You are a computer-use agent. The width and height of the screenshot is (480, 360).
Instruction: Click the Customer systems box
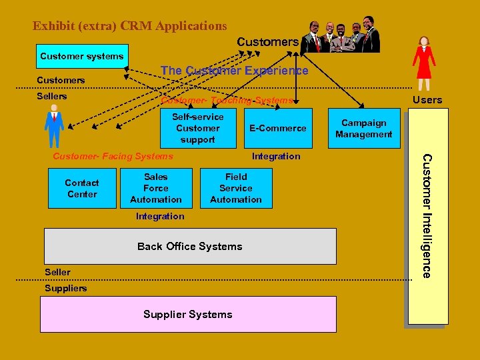pyautogui.click(x=81, y=56)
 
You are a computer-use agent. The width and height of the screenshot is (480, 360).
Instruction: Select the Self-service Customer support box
pyautogui.click(x=198, y=128)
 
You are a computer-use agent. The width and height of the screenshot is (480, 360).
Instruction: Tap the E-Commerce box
pyautogui.click(x=278, y=128)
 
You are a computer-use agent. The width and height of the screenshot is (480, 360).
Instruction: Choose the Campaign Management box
pyautogui.click(x=364, y=129)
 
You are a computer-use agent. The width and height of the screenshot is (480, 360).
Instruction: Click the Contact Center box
pyautogui.click(x=82, y=189)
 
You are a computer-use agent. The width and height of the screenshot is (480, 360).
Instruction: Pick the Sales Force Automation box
pyautogui.click(x=156, y=188)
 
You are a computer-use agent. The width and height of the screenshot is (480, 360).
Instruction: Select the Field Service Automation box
pyautogui.click(x=236, y=188)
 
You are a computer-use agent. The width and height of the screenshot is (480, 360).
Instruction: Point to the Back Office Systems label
pyautogui.click(x=190, y=246)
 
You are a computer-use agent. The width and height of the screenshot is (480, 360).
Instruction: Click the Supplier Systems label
pyautogui.click(x=188, y=314)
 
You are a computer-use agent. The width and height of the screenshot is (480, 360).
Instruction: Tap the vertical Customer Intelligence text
pyautogui.click(x=427, y=215)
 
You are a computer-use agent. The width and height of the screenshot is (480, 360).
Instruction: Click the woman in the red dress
pyautogui.click(x=423, y=65)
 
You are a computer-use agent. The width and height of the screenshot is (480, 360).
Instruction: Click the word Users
pyautogui.click(x=427, y=100)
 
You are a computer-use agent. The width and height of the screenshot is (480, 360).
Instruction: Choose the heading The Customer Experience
pyautogui.click(x=234, y=71)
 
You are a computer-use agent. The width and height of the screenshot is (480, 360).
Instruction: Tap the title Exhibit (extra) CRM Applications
pyautogui.click(x=130, y=26)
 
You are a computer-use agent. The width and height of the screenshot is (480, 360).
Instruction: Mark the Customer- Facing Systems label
pyautogui.click(x=113, y=156)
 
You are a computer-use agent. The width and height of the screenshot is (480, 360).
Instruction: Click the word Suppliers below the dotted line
pyautogui.click(x=65, y=288)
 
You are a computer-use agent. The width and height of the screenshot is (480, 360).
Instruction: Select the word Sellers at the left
pyautogui.click(x=52, y=96)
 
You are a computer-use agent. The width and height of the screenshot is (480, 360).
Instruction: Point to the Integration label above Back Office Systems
pyautogui.click(x=160, y=216)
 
